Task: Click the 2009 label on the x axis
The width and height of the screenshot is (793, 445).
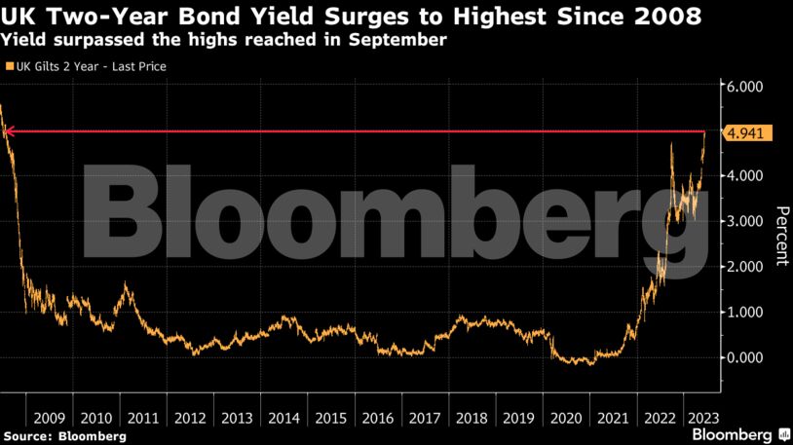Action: [x=49, y=418]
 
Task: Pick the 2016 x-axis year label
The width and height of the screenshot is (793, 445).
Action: [x=377, y=418]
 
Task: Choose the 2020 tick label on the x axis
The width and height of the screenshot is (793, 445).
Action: [x=565, y=418]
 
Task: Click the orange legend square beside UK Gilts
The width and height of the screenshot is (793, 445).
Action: [x=9, y=66]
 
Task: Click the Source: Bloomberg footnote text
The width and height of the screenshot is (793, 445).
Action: [x=64, y=435]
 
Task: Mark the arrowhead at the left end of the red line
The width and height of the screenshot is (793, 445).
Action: [x=9, y=130]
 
